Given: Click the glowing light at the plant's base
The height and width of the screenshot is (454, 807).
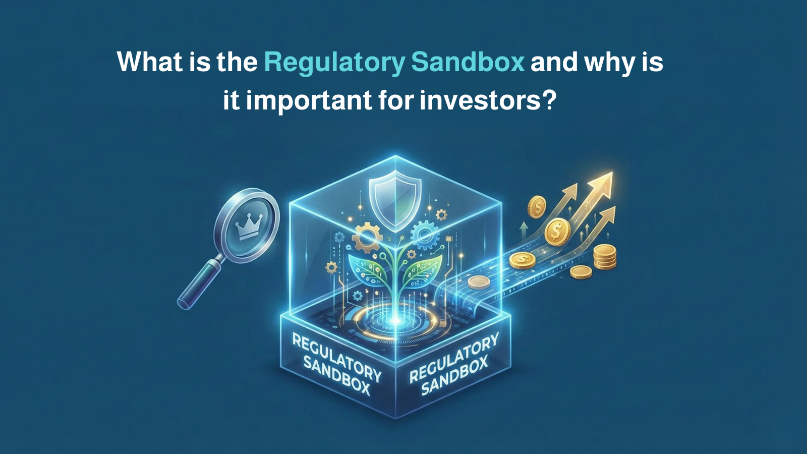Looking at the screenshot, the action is (395, 320).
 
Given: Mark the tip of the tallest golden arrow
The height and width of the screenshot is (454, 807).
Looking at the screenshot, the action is (612, 172).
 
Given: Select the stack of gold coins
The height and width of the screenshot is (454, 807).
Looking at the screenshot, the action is (605, 256).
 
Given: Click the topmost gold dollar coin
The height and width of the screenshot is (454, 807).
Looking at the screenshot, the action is (537, 207).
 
